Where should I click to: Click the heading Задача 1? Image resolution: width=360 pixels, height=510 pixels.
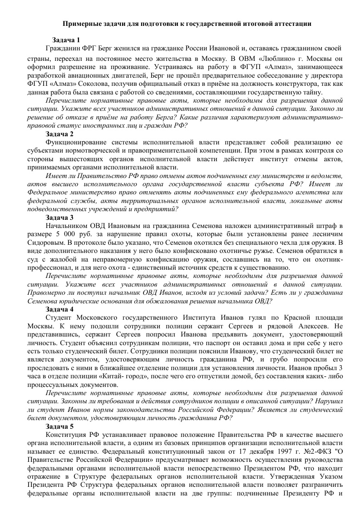(x=66, y=40)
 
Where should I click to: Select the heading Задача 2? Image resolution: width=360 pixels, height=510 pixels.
(x=59, y=134)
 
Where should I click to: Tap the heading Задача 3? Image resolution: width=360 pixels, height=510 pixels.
(x=59, y=218)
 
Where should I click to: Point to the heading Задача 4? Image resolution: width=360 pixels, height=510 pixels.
(x=59, y=309)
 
